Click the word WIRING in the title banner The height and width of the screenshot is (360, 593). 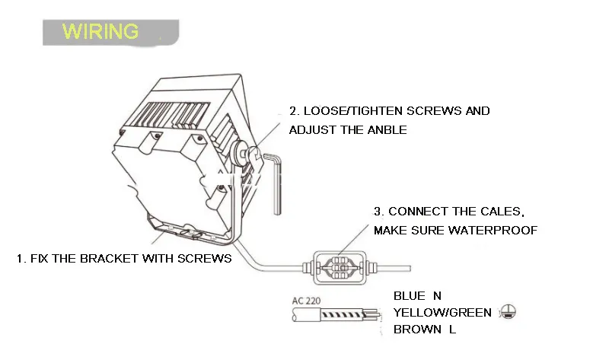(100, 31)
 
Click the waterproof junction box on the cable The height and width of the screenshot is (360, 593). (340, 268)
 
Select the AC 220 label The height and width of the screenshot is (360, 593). (306, 301)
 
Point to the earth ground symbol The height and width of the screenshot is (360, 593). (508, 312)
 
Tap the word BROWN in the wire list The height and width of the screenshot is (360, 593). (417, 330)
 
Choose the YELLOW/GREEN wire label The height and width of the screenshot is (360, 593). (442, 313)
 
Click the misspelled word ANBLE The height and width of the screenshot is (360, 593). (387, 130)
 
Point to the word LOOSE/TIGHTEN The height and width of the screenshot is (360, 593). (353, 111)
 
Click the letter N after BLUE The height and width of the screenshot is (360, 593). (437, 296)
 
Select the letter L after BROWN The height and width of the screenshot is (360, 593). (452, 330)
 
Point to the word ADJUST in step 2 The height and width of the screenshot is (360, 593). (313, 130)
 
